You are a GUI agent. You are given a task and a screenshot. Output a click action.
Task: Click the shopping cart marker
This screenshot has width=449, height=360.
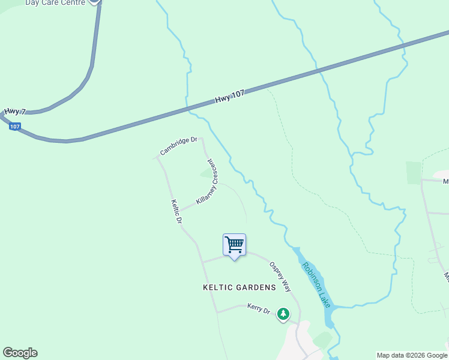234,245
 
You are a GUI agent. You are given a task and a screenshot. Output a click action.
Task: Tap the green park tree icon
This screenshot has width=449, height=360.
283,314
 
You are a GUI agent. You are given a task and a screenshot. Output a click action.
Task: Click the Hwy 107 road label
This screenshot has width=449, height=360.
230,98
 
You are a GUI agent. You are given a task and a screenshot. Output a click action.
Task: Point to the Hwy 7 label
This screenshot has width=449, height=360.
15,112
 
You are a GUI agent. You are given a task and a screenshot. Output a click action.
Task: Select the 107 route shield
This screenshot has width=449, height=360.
16,127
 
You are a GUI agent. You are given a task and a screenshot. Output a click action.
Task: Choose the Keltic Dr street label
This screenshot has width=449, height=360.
176,212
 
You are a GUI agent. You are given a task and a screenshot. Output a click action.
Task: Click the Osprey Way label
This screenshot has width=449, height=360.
280,276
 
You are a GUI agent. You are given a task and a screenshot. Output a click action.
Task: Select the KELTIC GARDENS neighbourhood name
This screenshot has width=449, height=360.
239,287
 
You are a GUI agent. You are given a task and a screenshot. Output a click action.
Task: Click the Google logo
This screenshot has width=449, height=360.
20,352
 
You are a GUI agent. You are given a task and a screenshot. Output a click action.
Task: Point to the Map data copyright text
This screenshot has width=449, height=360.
412,355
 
